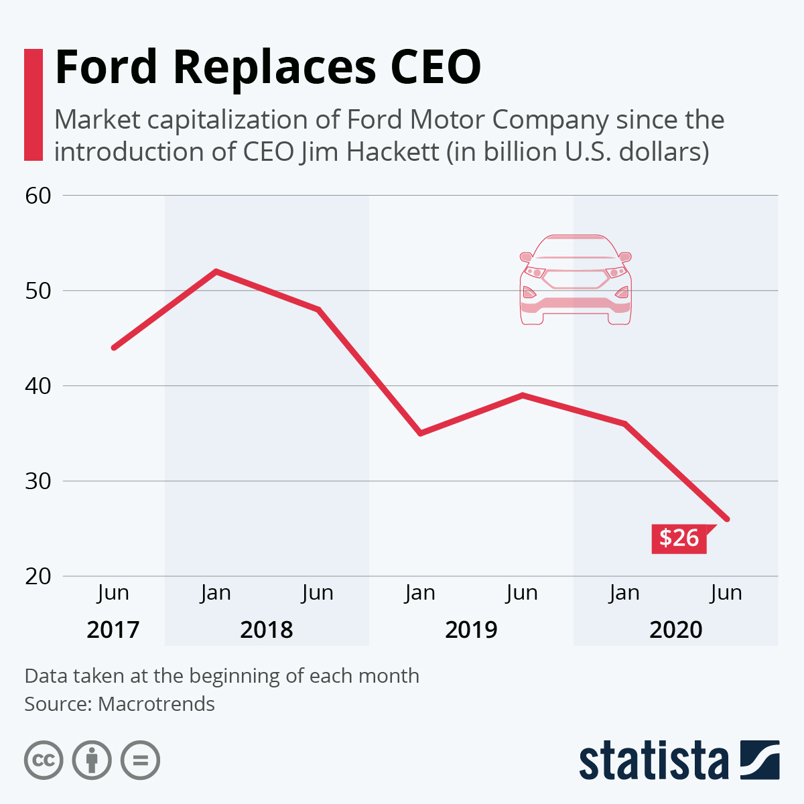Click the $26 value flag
tap(679, 538)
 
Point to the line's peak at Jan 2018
tap(216, 271)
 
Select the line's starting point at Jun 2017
tap(114, 348)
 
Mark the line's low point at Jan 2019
tap(420, 433)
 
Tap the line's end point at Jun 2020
tap(726, 519)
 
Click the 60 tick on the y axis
tap(38, 196)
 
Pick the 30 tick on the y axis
tap(38, 481)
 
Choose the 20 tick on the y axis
tap(38, 576)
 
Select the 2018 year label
tap(267, 630)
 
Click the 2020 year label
tap(676, 630)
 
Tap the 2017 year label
tap(113, 630)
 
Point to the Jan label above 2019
tap(420, 593)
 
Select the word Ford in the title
tap(106, 67)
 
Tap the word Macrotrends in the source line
tap(156, 704)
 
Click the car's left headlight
tap(535, 272)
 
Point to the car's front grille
tap(576, 279)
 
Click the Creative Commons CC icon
tap(44, 760)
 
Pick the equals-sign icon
tap(140, 760)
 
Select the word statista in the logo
tap(653, 760)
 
